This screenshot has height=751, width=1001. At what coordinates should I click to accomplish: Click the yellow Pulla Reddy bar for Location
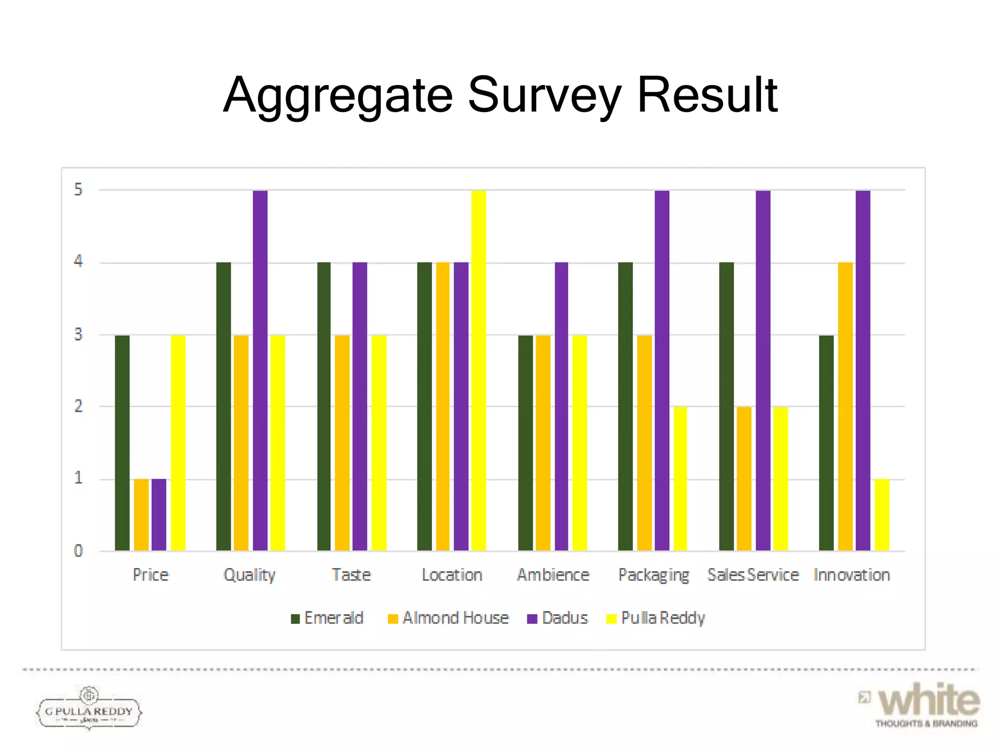click(479, 371)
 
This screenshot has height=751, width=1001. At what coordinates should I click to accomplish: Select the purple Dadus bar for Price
click(159, 515)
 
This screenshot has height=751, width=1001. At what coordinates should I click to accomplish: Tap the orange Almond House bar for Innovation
click(845, 407)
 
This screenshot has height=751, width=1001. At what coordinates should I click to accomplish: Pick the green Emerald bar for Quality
click(223, 407)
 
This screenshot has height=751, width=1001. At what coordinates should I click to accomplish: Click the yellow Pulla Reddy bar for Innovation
click(882, 515)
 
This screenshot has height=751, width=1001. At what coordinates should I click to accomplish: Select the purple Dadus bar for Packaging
click(662, 371)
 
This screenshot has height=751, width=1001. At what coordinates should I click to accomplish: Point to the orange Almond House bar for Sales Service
click(744, 479)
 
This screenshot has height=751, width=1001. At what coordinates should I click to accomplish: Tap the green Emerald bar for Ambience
click(525, 443)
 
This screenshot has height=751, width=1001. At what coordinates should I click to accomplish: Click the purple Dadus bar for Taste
click(360, 407)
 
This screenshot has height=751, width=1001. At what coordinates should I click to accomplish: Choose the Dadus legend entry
click(558, 618)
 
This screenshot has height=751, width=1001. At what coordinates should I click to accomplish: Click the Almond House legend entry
click(448, 618)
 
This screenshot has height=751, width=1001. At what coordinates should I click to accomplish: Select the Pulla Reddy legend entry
click(656, 618)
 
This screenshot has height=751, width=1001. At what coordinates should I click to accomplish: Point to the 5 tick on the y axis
click(78, 190)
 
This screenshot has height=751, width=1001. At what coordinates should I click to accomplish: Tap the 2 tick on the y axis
click(78, 406)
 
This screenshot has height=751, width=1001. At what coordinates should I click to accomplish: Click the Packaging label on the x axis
click(653, 575)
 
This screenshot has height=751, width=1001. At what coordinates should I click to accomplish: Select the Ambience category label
click(553, 575)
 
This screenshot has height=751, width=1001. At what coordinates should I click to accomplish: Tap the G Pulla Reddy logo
click(89, 709)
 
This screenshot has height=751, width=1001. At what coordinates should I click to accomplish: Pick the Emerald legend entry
click(327, 618)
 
